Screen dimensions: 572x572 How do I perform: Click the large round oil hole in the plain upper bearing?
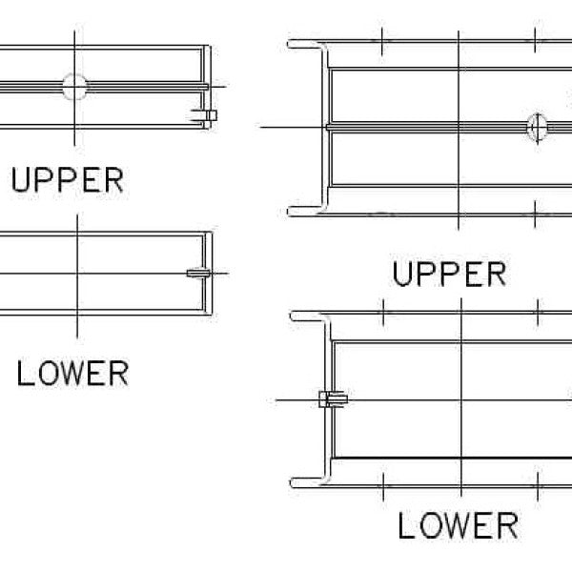pos(74,87)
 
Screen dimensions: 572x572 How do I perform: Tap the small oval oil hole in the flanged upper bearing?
pos(538,128)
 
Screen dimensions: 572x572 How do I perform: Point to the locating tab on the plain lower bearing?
pos(198,273)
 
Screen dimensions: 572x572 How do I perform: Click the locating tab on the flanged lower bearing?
pos(333,399)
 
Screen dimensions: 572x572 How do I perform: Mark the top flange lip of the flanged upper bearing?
pos(306,45)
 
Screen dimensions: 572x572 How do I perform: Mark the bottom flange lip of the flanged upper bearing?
pos(306,212)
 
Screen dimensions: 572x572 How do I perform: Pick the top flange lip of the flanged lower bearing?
pos(309,317)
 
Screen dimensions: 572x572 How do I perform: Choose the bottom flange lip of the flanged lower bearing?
pos(309,482)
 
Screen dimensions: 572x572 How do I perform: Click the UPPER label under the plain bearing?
pos(68,180)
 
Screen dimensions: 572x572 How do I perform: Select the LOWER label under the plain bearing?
pos(72,373)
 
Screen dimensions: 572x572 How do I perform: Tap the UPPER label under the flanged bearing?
pos(449,274)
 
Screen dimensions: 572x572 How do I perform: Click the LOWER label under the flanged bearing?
pos(458,525)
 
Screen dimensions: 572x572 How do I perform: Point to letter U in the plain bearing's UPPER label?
pos(20,180)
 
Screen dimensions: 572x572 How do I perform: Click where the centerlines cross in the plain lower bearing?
pos(77,273)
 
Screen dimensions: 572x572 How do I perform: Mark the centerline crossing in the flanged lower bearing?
pos(461,400)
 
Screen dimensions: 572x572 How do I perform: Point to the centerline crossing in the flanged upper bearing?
pos(459,128)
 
